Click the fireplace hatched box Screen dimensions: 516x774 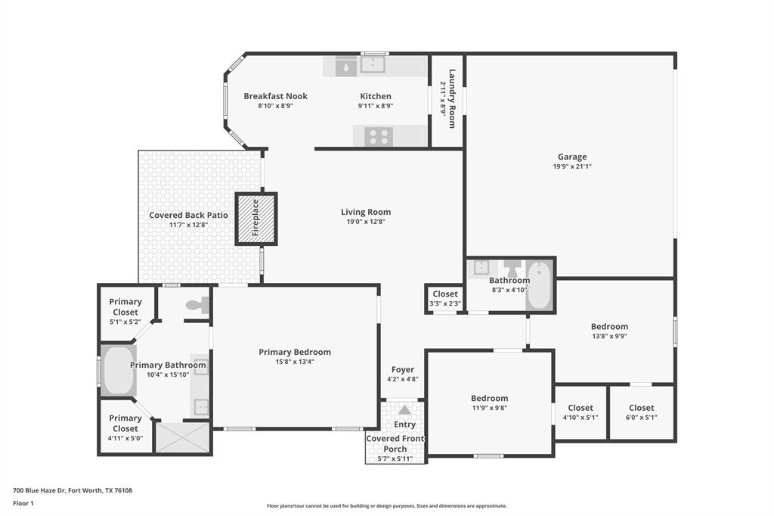[x=256, y=219]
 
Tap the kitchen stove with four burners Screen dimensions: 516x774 [x=379, y=136]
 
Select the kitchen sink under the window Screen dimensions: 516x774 [x=372, y=65]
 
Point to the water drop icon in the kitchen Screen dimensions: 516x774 [x=345, y=66]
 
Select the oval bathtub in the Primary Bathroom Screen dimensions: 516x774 [x=119, y=370]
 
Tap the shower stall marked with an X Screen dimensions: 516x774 [x=182, y=437]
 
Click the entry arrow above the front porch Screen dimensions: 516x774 [x=404, y=409]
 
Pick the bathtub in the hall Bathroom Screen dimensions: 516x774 [x=539, y=285]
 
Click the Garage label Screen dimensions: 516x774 [x=572, y=157]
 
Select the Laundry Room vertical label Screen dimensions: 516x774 [x=452, y=98]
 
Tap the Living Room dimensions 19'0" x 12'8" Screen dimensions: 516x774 [x=366, y=222]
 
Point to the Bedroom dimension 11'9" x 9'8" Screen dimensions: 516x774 [x=489, y=408]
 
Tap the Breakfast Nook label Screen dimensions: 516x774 [x=275, y=96]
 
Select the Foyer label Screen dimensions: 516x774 [x=402, y=370]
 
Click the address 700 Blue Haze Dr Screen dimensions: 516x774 [x=73, y=490]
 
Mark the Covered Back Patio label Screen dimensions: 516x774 [x=188, y=215]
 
